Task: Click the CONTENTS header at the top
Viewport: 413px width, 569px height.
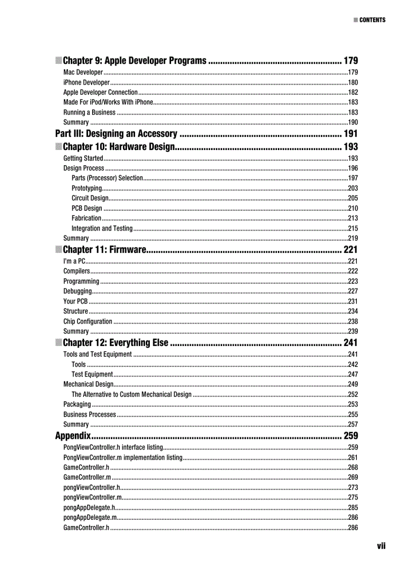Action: tap(372, 20)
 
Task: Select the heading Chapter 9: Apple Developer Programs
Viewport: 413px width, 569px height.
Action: tap(135, 61)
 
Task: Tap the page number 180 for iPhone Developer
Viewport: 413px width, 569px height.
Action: tap(353, 83)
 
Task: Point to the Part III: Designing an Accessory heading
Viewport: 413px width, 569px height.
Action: tap(116, 134)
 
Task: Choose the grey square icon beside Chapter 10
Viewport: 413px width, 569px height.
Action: tap(59, 147)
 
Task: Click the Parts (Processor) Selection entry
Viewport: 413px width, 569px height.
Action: tap(107, 178)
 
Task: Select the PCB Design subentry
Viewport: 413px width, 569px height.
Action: tap(87, 208)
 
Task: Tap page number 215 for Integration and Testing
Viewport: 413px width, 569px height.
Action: tap(353, 229)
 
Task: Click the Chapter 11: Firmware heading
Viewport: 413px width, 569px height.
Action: tap(105, 249)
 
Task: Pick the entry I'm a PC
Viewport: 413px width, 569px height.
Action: tap(74, 261)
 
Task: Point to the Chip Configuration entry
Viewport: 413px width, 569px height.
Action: tap(88, 322)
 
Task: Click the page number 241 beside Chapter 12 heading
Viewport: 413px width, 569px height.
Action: tap(350, 343)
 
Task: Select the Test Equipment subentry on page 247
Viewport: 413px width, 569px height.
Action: tap(92, 374)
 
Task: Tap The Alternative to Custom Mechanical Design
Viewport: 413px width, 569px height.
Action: tap(132, 395)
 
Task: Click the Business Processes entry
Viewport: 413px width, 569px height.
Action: tap(90, 414)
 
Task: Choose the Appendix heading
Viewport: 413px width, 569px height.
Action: tap(73, 436)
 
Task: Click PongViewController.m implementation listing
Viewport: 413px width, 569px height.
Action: tap(122, 458)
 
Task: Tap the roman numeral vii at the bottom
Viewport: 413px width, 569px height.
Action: tap(381, 546)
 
